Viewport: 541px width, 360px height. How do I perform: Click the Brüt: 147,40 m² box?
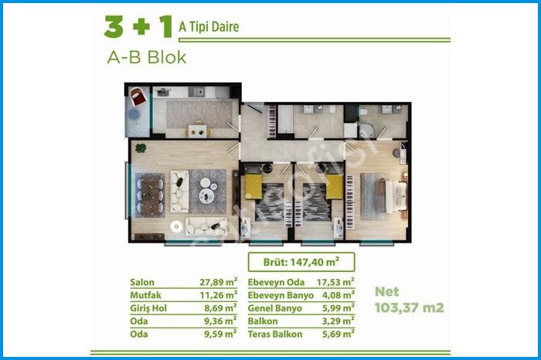301,262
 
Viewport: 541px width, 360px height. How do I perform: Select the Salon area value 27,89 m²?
219,282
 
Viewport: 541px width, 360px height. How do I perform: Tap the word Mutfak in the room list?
145,295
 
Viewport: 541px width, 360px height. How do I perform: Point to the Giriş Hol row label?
148,308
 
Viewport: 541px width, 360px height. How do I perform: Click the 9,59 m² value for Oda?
220,334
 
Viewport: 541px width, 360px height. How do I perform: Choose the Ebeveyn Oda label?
276,283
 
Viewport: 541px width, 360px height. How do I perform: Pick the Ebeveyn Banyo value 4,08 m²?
339,295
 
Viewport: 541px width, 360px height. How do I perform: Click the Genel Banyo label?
275,308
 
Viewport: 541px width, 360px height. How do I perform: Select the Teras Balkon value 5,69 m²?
339,334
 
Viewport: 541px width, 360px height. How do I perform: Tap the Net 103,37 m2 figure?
409,300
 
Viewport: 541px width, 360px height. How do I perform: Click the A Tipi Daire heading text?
209,26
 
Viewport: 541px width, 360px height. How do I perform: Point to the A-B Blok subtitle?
147,57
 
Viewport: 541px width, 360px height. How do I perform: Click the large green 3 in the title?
114,26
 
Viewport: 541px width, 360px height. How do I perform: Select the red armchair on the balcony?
138,97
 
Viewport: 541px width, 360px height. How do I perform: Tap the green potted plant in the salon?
141,148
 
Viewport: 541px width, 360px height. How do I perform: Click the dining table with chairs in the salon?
150,195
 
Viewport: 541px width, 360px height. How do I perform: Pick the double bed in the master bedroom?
393,195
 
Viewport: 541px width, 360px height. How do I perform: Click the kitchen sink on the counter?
196,92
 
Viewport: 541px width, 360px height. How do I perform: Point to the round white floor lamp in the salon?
176,226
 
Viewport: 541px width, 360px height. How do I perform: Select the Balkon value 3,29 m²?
339,321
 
